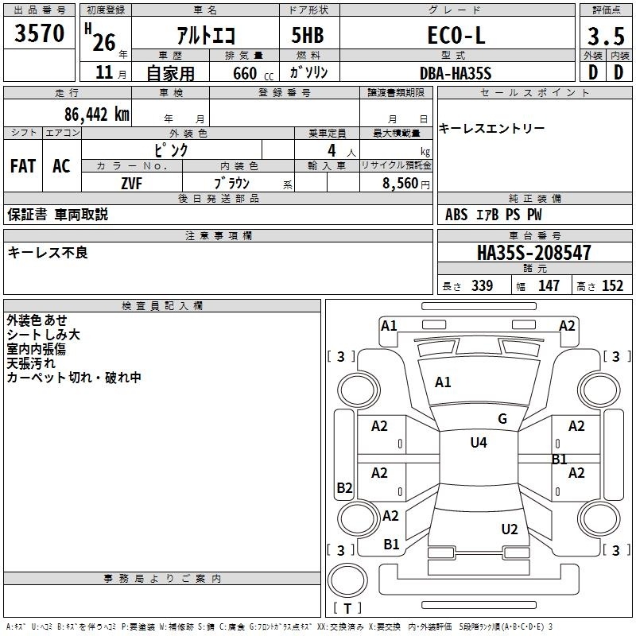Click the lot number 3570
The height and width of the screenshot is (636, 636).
40,34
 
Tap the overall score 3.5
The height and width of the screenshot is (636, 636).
605,36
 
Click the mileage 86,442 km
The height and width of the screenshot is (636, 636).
97,114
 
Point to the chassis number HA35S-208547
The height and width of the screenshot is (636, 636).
534,253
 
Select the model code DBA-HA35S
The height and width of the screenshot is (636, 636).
456,72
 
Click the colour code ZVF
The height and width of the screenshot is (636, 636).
132,182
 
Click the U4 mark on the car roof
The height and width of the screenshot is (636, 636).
479,443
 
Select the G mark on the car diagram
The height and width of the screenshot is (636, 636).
502,419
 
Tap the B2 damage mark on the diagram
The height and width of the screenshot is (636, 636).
344,488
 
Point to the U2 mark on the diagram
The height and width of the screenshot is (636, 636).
510,529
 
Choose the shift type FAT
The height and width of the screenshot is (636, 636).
22,165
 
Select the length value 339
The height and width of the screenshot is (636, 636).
481,286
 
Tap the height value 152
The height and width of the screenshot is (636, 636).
611,286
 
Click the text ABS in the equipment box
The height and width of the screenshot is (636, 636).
456,214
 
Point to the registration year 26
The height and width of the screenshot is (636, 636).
105,37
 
